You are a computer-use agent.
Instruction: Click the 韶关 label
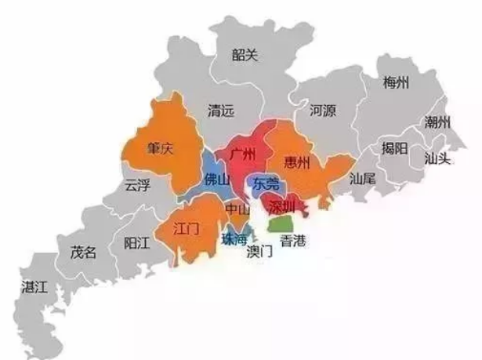point(245,54)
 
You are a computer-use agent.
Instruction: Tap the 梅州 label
point(395,84)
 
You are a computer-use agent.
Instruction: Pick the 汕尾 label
point(363,178)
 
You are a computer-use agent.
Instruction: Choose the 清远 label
point(220,111)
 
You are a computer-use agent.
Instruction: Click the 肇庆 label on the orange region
point(160,147)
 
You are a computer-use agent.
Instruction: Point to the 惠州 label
point(299,163)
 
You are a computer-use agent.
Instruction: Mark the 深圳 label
point(281,207)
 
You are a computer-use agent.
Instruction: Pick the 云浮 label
point(137,186)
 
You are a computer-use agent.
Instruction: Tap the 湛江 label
point(35,286)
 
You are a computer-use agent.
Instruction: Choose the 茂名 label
point(83,253)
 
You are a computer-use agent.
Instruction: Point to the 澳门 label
point(259,252)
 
